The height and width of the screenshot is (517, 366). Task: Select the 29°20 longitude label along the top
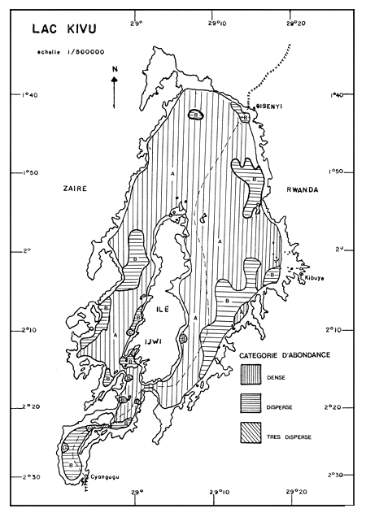pyautogui.click(x=295, y=14)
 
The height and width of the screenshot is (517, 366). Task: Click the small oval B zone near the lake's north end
pyautogui.click(x=196, y=115)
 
